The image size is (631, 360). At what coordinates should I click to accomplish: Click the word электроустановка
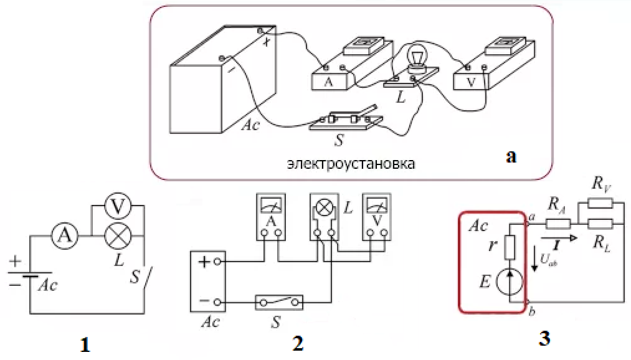tap(351, 165)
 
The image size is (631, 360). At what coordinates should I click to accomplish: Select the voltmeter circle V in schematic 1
tap(116, 206)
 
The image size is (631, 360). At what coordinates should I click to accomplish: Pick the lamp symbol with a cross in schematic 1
tap(116, 236)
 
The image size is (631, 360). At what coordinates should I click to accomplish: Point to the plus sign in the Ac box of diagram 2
tap(204, 262)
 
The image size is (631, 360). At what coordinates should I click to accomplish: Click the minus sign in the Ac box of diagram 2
tap(204, 302)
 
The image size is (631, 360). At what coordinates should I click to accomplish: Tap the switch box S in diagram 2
tap(278, 303)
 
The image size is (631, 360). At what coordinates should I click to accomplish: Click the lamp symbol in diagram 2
tap(324, 208)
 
